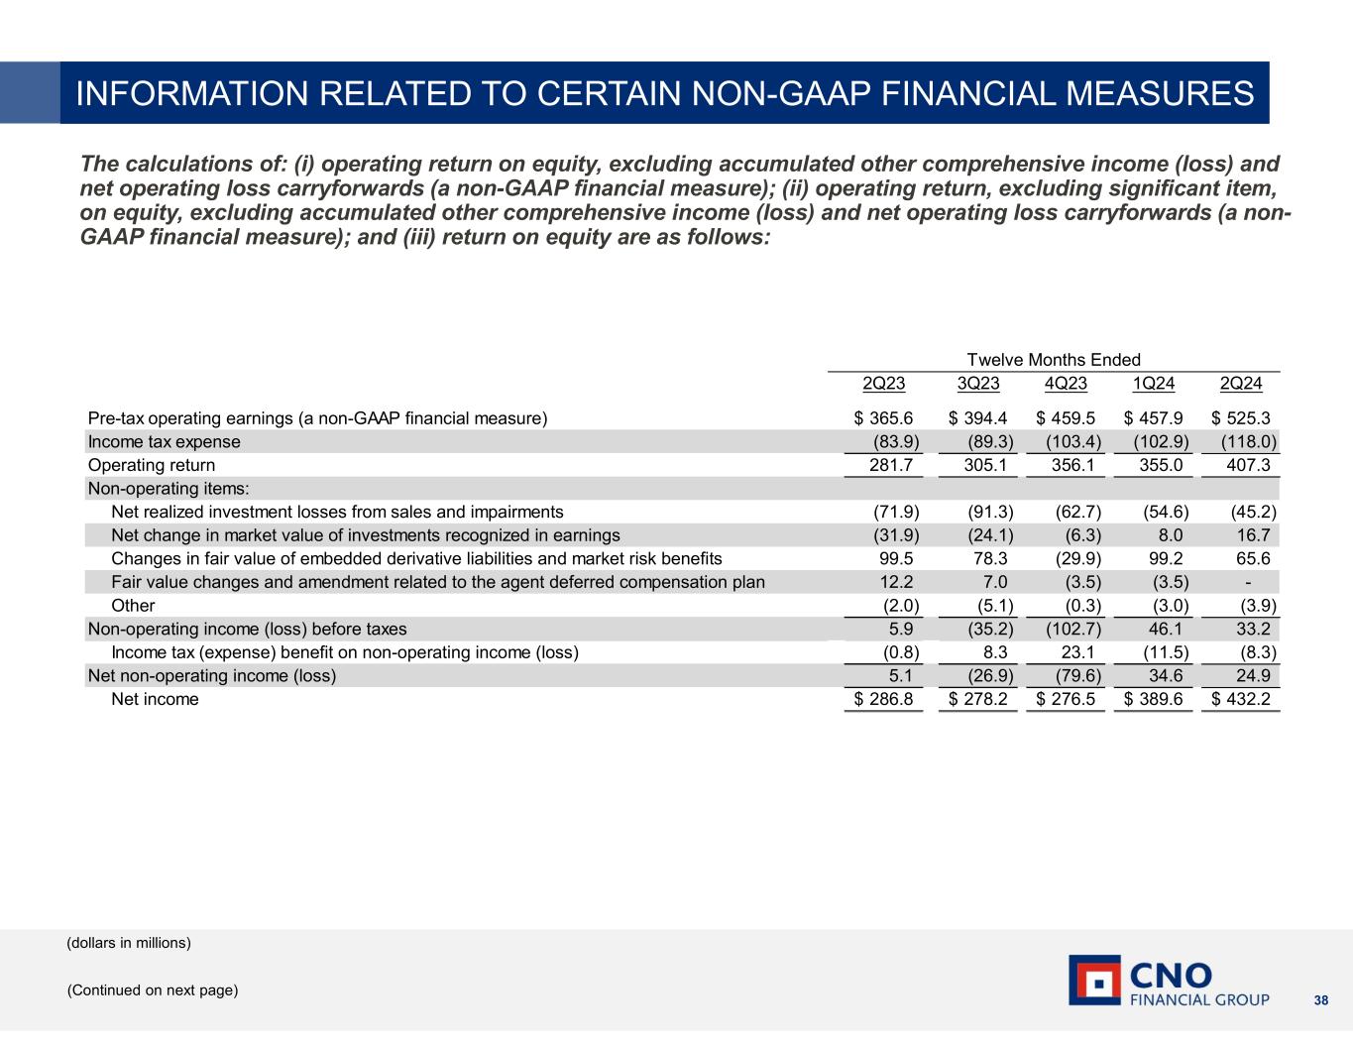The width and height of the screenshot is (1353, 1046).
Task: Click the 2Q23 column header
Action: (884, 384)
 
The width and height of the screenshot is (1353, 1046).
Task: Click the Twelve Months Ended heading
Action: (1053, 360)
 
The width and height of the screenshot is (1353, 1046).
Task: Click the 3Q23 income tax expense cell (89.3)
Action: (989, 442)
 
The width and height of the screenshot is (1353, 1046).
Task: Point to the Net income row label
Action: (155, 700)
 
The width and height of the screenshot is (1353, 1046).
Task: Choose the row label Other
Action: (133, 606)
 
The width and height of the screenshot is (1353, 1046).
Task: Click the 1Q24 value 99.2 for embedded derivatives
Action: (1162, 559)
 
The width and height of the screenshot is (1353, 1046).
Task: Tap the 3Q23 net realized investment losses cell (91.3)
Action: (989, 513)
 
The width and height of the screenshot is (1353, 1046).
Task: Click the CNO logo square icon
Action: (1094, 980)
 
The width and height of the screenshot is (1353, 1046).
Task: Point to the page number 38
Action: (1320, 999)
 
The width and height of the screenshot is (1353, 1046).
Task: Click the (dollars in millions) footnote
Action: (129, 943)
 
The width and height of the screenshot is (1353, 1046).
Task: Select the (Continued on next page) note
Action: (153, 990)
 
